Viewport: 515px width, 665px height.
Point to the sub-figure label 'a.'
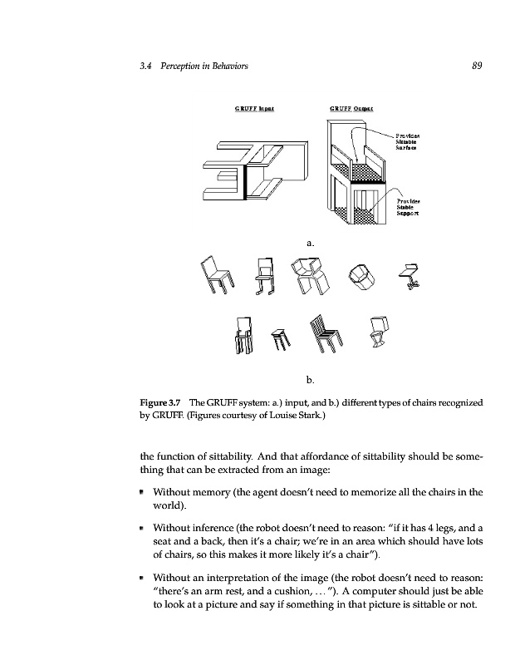[x=309, y=243]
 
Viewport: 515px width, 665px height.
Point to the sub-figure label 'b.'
[x=309, y=380]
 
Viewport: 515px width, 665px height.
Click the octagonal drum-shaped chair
[x=360, y=275]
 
